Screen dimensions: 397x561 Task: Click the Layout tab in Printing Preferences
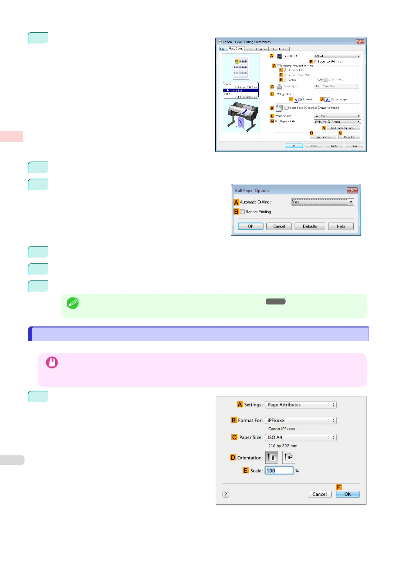[x=250, y=49]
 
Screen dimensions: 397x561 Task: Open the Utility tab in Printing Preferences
[x=273, y=49]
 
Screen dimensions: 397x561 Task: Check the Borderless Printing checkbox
[x=315, y=62]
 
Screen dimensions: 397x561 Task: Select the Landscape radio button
[x=333, y=100]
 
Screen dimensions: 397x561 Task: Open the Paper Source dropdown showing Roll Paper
[x=337, y=116]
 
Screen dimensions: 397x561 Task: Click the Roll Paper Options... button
[x=343, y=128]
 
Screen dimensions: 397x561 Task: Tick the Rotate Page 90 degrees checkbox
[x=286, y=108]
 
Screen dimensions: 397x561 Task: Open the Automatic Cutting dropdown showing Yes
[x=322, y=202]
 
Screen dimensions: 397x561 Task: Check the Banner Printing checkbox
[x=243, y=212]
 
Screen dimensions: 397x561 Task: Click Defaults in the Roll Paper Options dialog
[x=310, y=227]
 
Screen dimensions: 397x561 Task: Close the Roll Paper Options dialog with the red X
[x=352, y=190]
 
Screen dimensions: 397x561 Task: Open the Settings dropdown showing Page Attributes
[x=301, y=405]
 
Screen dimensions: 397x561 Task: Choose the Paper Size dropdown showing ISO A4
[x=301, y=437]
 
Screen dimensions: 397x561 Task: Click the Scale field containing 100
[x=279, y=471]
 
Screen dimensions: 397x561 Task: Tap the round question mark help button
[x=226, y=494]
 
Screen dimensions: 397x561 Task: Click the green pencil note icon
[x=73, y=303]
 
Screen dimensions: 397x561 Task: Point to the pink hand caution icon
[x=52, y=362]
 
